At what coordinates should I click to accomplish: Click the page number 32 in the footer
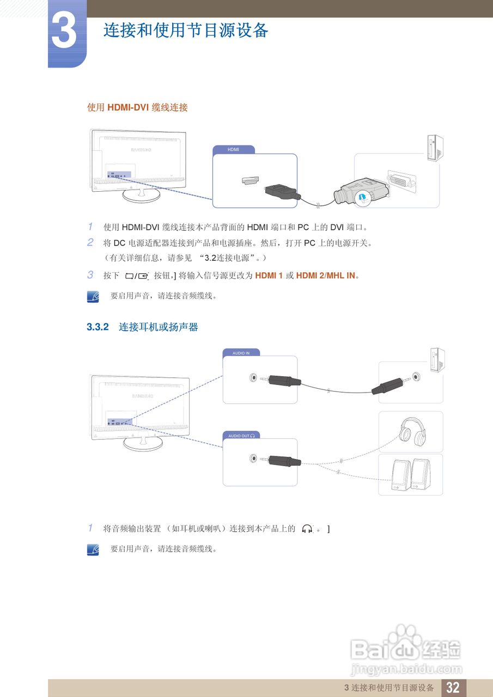click(453, 687)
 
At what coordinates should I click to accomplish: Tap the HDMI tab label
click(233, 149)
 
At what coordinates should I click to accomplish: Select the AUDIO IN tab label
click(241, 353)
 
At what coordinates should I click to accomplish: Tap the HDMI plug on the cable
click(281, 192)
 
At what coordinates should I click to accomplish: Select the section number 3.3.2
click(98, 327)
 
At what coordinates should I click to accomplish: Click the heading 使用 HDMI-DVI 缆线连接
click(137, 108)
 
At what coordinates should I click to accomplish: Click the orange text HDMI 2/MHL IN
click(325, 276)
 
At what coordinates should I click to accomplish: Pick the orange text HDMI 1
click(269, 276)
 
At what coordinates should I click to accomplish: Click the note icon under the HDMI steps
click(93, 296)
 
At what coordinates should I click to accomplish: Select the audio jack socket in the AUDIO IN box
click(252, 377)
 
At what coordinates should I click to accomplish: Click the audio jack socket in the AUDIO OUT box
click(252, 458)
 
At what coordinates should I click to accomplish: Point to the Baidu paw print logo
click(405, 636)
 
